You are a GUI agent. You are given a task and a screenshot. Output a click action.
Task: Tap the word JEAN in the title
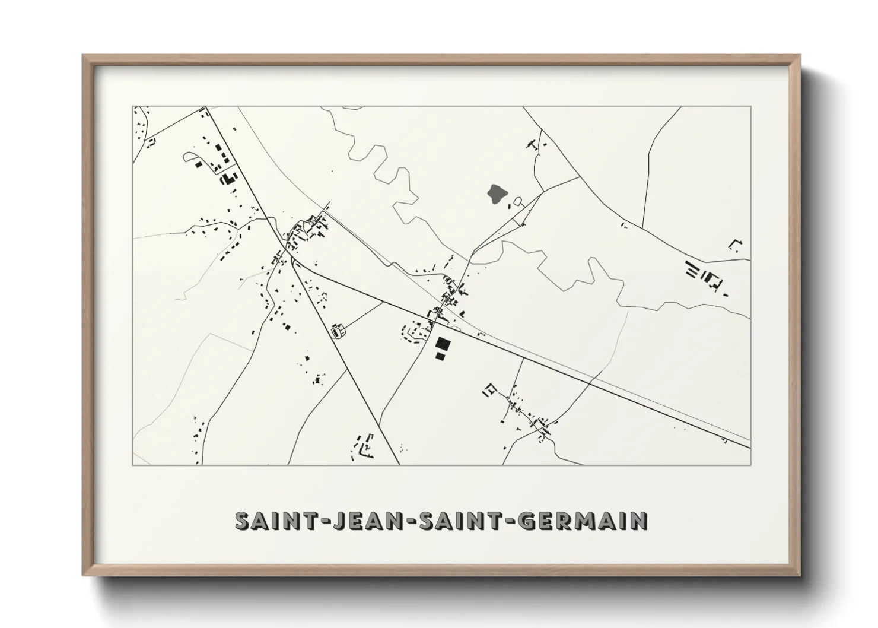click(x=362, y=521)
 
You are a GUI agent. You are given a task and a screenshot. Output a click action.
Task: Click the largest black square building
click(x=442, y=344)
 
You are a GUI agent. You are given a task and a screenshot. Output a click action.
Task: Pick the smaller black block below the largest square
click(x=440, y=356)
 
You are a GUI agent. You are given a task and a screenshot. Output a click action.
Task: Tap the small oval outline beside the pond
click(x=518, y=202)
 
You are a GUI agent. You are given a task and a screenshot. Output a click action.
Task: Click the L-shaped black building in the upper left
click(x=227, y=177)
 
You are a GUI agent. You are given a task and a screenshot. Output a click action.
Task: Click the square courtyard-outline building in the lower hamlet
click(x=490, y=391)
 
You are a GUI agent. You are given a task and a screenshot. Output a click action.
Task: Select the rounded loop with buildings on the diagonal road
click(x=339, y=331)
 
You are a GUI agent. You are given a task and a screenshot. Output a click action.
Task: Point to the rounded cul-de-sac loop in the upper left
click(x=191, y=157)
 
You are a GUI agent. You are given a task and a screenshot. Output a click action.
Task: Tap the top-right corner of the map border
click(x=750, y=107)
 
